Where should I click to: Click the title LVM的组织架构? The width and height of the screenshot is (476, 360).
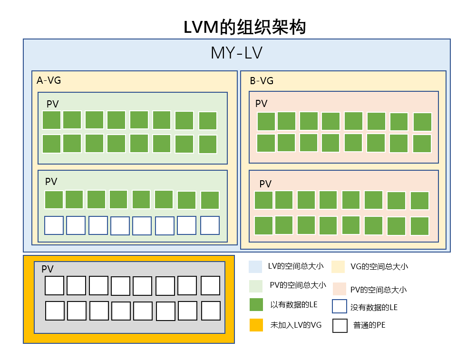pos(244,27)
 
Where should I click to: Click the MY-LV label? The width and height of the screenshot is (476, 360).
pos(236,53)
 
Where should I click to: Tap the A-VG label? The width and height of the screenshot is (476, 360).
pos(49,80)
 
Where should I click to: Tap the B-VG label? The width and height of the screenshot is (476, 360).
pos(262,81)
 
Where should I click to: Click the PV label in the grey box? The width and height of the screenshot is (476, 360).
pos(48,269)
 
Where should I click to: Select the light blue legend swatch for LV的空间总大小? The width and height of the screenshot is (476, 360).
pos(255,267)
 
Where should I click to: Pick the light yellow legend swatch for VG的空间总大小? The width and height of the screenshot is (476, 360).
pos(338,267)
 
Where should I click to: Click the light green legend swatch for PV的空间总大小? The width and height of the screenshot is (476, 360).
pos(256,286)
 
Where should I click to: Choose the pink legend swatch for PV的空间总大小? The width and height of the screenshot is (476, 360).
pos(340,289)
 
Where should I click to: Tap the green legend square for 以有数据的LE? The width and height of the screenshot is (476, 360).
pos(256,305)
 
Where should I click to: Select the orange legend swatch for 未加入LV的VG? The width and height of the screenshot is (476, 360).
pos(256,325)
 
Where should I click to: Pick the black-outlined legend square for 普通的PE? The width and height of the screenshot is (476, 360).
pos(340,325)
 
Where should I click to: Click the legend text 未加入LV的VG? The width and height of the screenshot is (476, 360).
pos(296,325)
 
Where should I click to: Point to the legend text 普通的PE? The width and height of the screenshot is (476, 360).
pos(369,326)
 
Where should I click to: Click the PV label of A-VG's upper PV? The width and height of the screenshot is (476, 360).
pos(52,104)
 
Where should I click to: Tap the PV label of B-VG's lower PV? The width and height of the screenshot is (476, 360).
pos(265,184)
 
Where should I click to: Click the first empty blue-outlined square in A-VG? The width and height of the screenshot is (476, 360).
pos(54,225)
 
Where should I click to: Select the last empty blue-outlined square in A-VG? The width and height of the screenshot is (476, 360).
pos(210,225)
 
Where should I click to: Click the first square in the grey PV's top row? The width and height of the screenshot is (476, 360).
pos(54,286)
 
